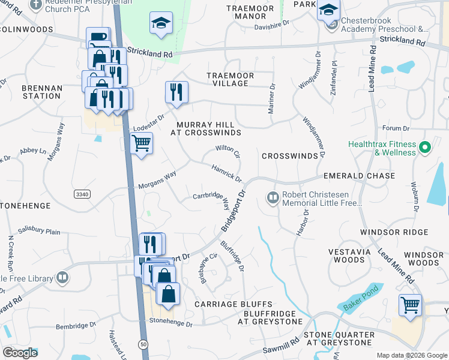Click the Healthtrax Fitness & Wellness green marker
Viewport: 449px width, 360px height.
426,146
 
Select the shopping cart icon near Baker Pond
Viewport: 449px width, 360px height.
410,305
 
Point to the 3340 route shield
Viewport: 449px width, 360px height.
82,194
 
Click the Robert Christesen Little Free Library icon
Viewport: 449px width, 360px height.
273,197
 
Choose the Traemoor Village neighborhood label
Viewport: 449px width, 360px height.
231,79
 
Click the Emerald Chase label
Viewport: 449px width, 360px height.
359,176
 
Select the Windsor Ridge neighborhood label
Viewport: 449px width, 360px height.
394,232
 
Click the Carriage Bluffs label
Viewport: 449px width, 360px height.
234,305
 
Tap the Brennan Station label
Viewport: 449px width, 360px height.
41,92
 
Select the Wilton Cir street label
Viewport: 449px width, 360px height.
228,151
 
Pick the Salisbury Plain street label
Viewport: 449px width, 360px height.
39,231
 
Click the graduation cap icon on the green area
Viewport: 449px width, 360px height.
160,24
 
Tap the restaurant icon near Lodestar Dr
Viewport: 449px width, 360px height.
176,92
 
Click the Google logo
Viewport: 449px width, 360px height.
20,352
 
